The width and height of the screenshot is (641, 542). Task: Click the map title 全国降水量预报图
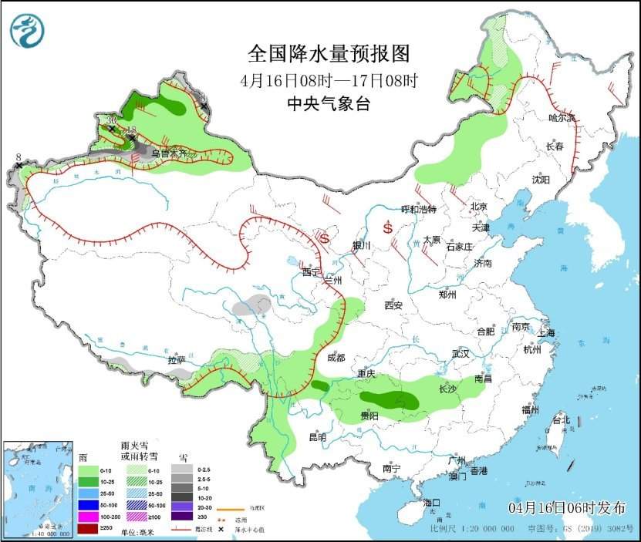point(328,54)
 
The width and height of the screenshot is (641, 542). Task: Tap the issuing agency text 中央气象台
point(328,104)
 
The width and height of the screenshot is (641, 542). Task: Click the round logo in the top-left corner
point(27,31)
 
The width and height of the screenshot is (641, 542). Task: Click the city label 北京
point(479,207)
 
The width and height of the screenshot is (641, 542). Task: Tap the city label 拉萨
point(177,359)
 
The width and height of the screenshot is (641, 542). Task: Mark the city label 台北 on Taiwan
point(561,420)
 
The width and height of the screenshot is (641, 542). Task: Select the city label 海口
point(432,502)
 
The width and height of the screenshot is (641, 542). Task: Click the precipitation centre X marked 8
point(19,165)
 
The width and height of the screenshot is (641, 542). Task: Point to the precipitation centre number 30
point(113,120)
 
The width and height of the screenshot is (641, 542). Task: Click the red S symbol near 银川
point(324,238)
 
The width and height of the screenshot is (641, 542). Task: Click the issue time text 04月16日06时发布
point(568,507)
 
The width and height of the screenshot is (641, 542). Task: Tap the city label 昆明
point(317,437)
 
